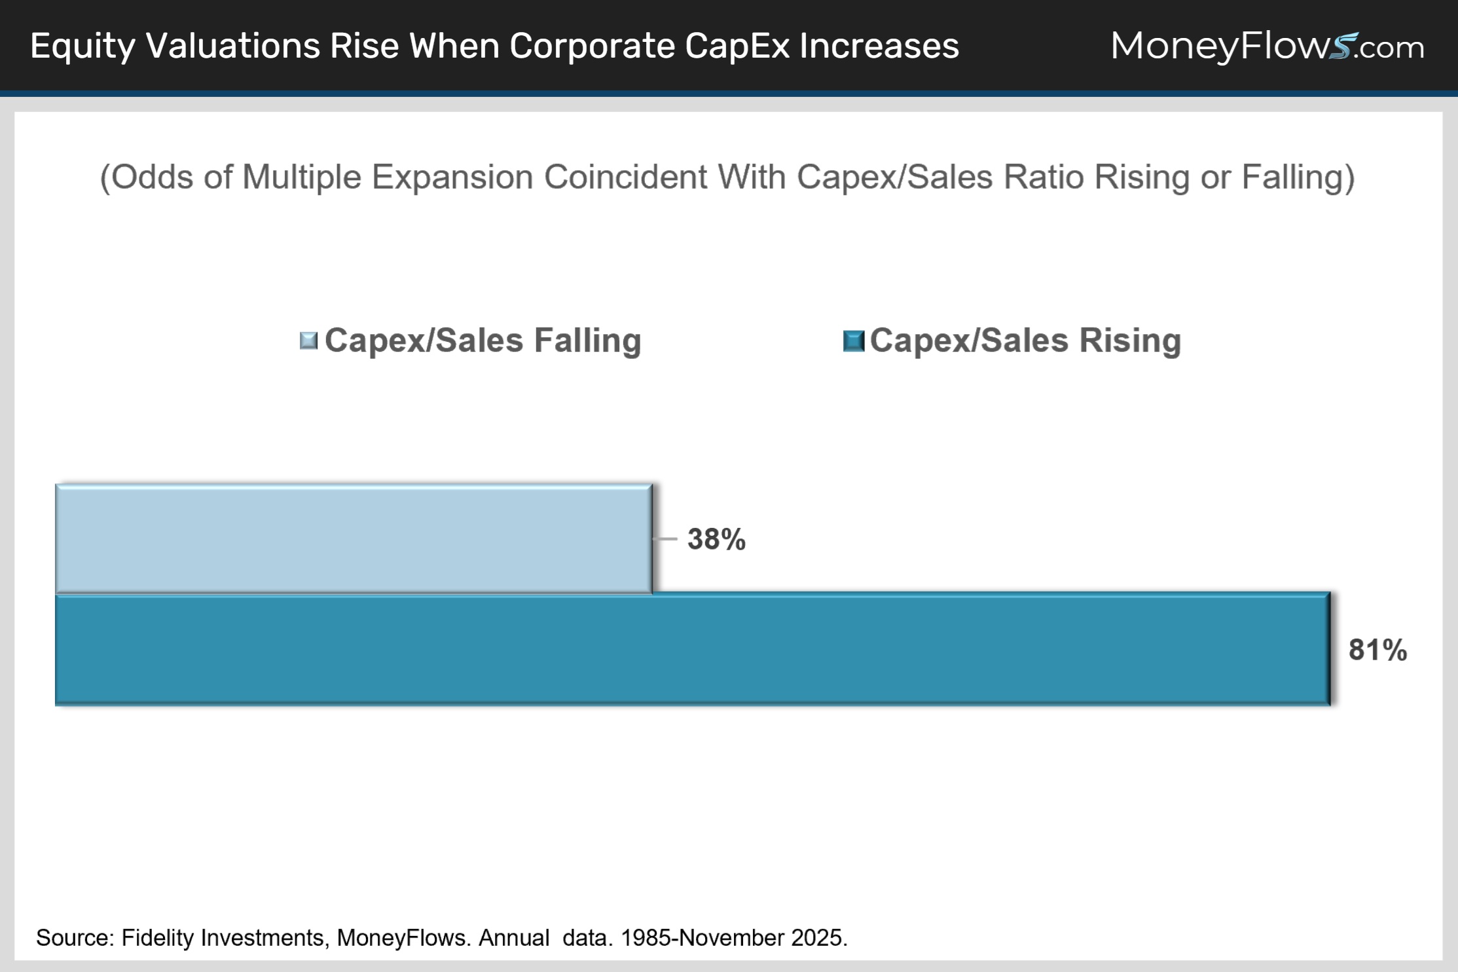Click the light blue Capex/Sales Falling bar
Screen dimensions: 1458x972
pos(354,538)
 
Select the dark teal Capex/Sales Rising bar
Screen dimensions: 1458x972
pos(693,649)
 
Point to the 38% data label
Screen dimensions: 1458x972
pos(716,539)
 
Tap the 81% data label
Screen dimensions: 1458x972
pos(1377,650)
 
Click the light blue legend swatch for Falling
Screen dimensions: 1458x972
pos(308,341)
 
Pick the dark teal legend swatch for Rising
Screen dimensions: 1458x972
pos(854,341)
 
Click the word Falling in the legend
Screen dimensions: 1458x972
pos(587,340)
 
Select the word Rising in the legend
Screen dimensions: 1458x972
pos(1130,340)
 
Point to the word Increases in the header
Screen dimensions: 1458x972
pos(879,46)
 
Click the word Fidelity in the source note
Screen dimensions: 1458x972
pos(157,938)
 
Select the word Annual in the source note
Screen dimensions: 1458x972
pos(514,938)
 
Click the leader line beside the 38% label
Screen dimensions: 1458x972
pos(665,539)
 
